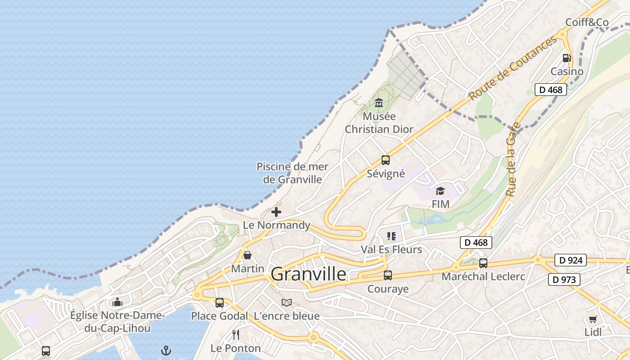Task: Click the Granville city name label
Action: pos(309,274)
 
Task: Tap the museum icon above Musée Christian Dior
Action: pos(379,103)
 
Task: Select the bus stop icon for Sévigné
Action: pos(386,160)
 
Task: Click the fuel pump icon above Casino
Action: pos(567,58)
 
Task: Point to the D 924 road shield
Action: pos(570,260)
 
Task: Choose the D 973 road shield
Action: pos(564,279)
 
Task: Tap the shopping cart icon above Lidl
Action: pos(593,319)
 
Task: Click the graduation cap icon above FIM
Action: pos(440,191)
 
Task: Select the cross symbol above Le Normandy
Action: pos(276,211)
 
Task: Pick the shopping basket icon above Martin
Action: pos(247,255)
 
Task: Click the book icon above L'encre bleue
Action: pos(287,302)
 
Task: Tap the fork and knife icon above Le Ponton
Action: pos(235,335)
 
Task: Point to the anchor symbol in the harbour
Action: pos(166,350)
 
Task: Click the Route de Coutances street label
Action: pos(513,68)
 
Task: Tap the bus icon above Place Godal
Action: pos(220,303)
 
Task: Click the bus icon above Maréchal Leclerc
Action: pos(483,263)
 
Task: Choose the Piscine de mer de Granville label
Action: pos(292,173)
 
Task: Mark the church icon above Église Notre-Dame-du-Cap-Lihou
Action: pos(117,302)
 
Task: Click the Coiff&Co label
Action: pos(587,22)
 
